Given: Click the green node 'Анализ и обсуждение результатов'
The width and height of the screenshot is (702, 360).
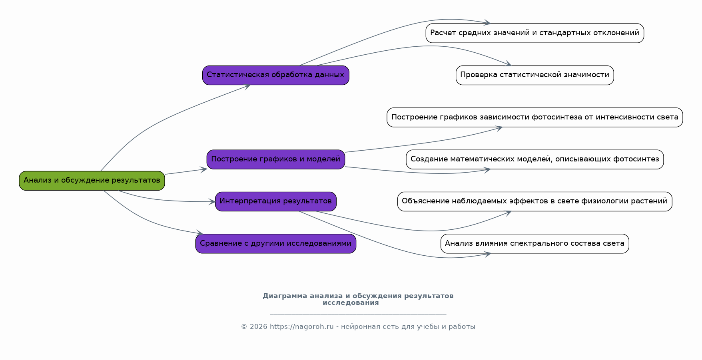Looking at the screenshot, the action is (92, 181).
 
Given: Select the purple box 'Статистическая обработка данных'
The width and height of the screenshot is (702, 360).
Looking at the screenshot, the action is (276, 75).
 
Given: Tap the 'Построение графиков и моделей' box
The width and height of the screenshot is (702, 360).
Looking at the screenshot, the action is (276, 159).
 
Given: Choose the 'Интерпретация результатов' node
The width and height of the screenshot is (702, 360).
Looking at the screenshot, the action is (276, 201).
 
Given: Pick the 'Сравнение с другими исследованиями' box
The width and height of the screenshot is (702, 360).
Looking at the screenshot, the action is (276, 244).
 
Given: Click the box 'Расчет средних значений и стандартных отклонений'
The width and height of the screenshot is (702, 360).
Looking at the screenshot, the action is (535, 33).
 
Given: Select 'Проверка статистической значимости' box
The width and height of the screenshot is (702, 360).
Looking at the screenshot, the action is (535, 75).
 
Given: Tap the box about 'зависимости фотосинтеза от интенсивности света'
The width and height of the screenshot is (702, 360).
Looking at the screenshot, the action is (535, 117).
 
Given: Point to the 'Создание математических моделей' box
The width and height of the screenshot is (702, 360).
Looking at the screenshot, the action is (535, 159).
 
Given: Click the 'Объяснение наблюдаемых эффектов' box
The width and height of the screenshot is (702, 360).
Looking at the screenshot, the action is (535, 201).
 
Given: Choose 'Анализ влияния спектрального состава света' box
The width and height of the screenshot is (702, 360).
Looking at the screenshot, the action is (535, 244).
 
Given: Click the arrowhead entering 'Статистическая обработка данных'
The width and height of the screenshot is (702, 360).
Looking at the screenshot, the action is (247, 86).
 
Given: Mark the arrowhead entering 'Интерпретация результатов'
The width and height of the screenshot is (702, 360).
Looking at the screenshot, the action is (211, 202).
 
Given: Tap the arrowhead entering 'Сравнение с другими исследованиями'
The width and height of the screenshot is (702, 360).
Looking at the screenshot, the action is (199, 233).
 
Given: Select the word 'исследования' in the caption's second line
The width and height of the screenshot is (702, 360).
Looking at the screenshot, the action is (351, 303).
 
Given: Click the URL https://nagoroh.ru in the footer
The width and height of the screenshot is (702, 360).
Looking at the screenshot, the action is (301, 327).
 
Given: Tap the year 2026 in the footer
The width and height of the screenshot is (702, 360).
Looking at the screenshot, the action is (259, 327).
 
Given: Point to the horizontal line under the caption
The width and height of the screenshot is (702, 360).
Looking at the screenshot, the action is (358, 314).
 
